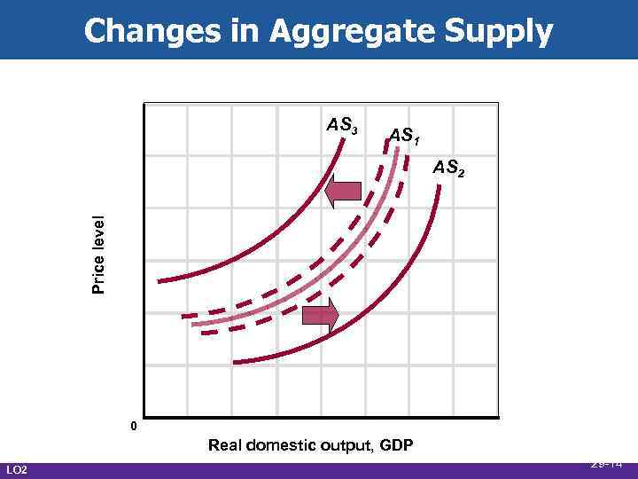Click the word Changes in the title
143,31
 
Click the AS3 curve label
342,125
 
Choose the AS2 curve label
447,168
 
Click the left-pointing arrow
342,192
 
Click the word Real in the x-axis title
225,445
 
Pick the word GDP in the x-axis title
396,445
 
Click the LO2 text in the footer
17,469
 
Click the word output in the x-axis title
344,445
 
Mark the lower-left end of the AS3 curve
159,281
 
